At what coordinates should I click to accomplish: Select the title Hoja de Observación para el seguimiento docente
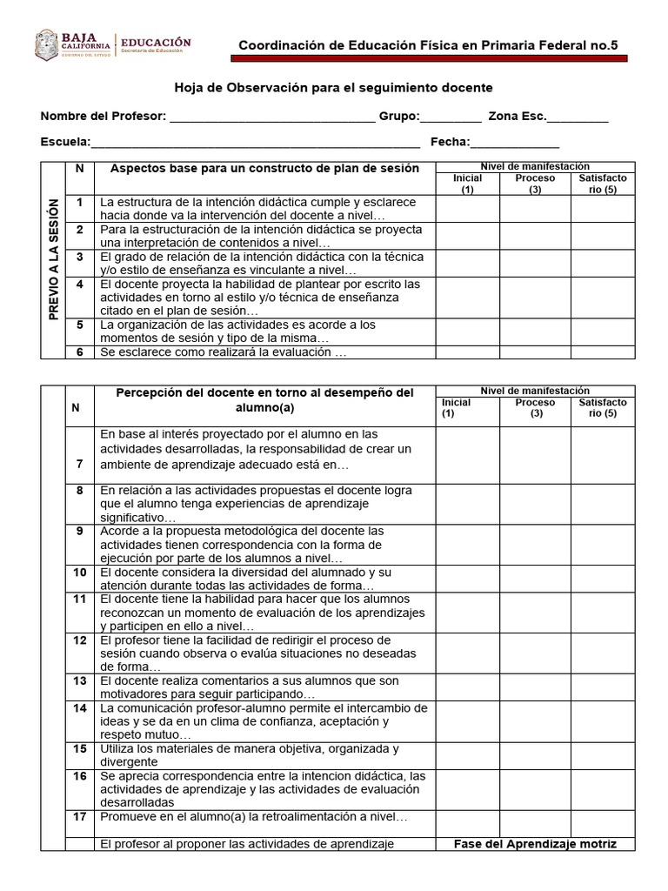pyautogui.click(x=334, y=88)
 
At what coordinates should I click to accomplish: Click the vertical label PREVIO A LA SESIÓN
pyautogui.click(x=54, y=259)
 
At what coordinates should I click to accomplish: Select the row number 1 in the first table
pyautogui.click(x=79, y=203)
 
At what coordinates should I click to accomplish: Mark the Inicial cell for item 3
pyautogui.click(x=468, y=264)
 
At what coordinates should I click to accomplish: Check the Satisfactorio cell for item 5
pyautogui.click(x=603, y=332)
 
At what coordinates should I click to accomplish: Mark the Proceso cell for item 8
pyautogui.click(x=535, y=504)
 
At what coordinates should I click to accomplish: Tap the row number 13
pyautogui.click(x=79, y=681)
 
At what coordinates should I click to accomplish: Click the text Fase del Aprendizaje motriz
pyautogui.click(x=535, y=844)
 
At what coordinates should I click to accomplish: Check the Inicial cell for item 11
pyautogui.click(x=468, y=613)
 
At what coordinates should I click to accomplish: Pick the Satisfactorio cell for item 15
pyautogui.click(x=603, y=754)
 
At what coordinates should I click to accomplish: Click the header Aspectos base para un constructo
pyautogui.click(x=260, y=168)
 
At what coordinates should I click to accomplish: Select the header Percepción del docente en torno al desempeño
pyautogui.click(x=264, y=399)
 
